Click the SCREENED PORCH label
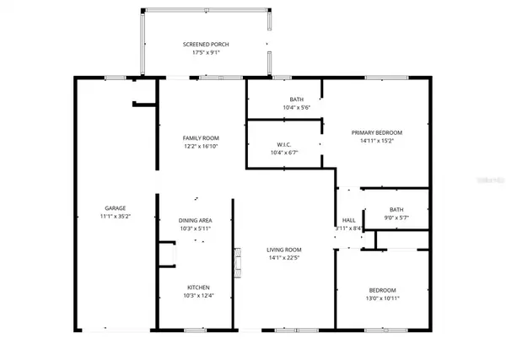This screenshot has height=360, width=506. coord(206,45)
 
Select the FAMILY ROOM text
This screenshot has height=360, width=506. coord(201,138)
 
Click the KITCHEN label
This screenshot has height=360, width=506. coord(199,287)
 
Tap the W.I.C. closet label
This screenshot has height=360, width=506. coord(283,144)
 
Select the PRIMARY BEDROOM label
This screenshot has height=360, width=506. coord(376,132)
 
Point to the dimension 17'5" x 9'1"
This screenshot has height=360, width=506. coord(206,54)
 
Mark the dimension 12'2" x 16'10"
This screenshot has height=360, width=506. coord(201,148)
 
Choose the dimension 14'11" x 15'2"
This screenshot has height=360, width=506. coord(376,142)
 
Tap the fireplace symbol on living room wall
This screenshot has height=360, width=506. coord(238,261)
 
